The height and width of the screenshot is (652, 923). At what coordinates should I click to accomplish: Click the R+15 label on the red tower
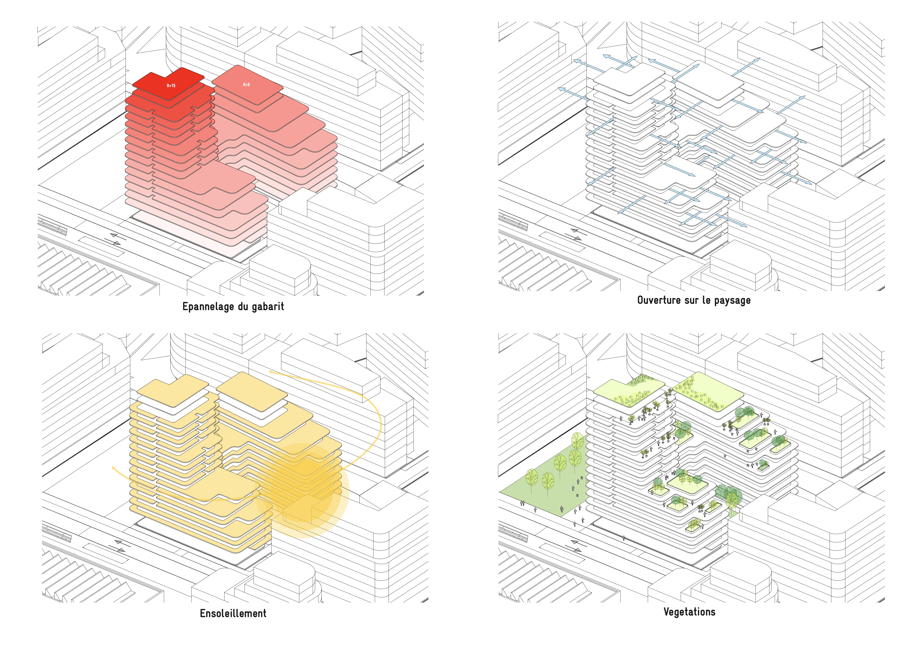click(171, 86)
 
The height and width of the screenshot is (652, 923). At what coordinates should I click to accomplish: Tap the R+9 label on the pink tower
click(246, 85)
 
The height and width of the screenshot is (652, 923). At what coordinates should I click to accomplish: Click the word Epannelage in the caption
click(208, 307)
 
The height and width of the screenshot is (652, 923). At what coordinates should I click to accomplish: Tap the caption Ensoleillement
click(233, 613)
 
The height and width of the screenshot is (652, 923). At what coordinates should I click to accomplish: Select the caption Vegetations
click(689, 612)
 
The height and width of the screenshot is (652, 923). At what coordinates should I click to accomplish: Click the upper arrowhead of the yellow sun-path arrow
click(271, 372)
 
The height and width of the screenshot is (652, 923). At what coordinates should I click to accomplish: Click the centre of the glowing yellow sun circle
click(301, 490)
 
